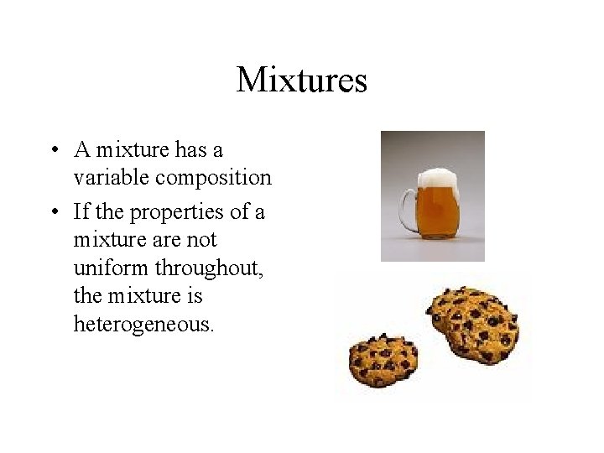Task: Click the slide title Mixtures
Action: tap(302, 81)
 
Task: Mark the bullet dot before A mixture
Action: tap(53, 151)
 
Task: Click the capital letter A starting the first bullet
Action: tap(82, 150)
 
